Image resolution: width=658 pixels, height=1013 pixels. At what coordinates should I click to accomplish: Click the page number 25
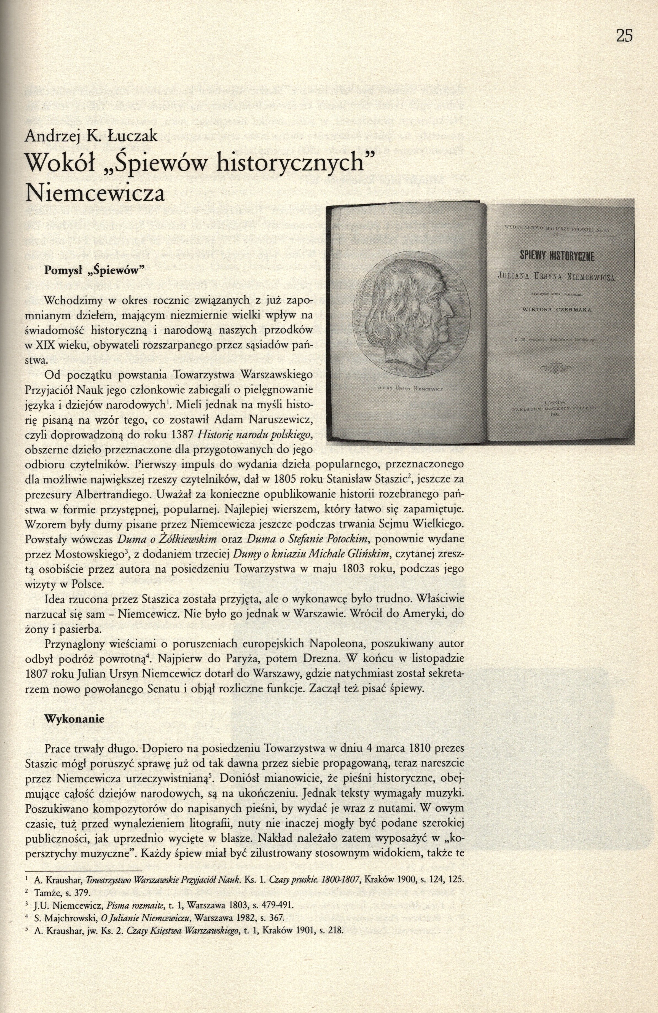(x=624, y=36)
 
